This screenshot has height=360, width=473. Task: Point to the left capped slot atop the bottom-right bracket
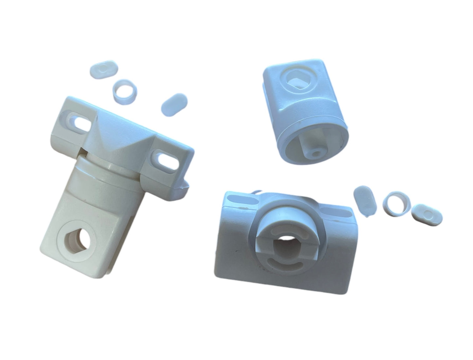pyautogui.click(x=240, y=199)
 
